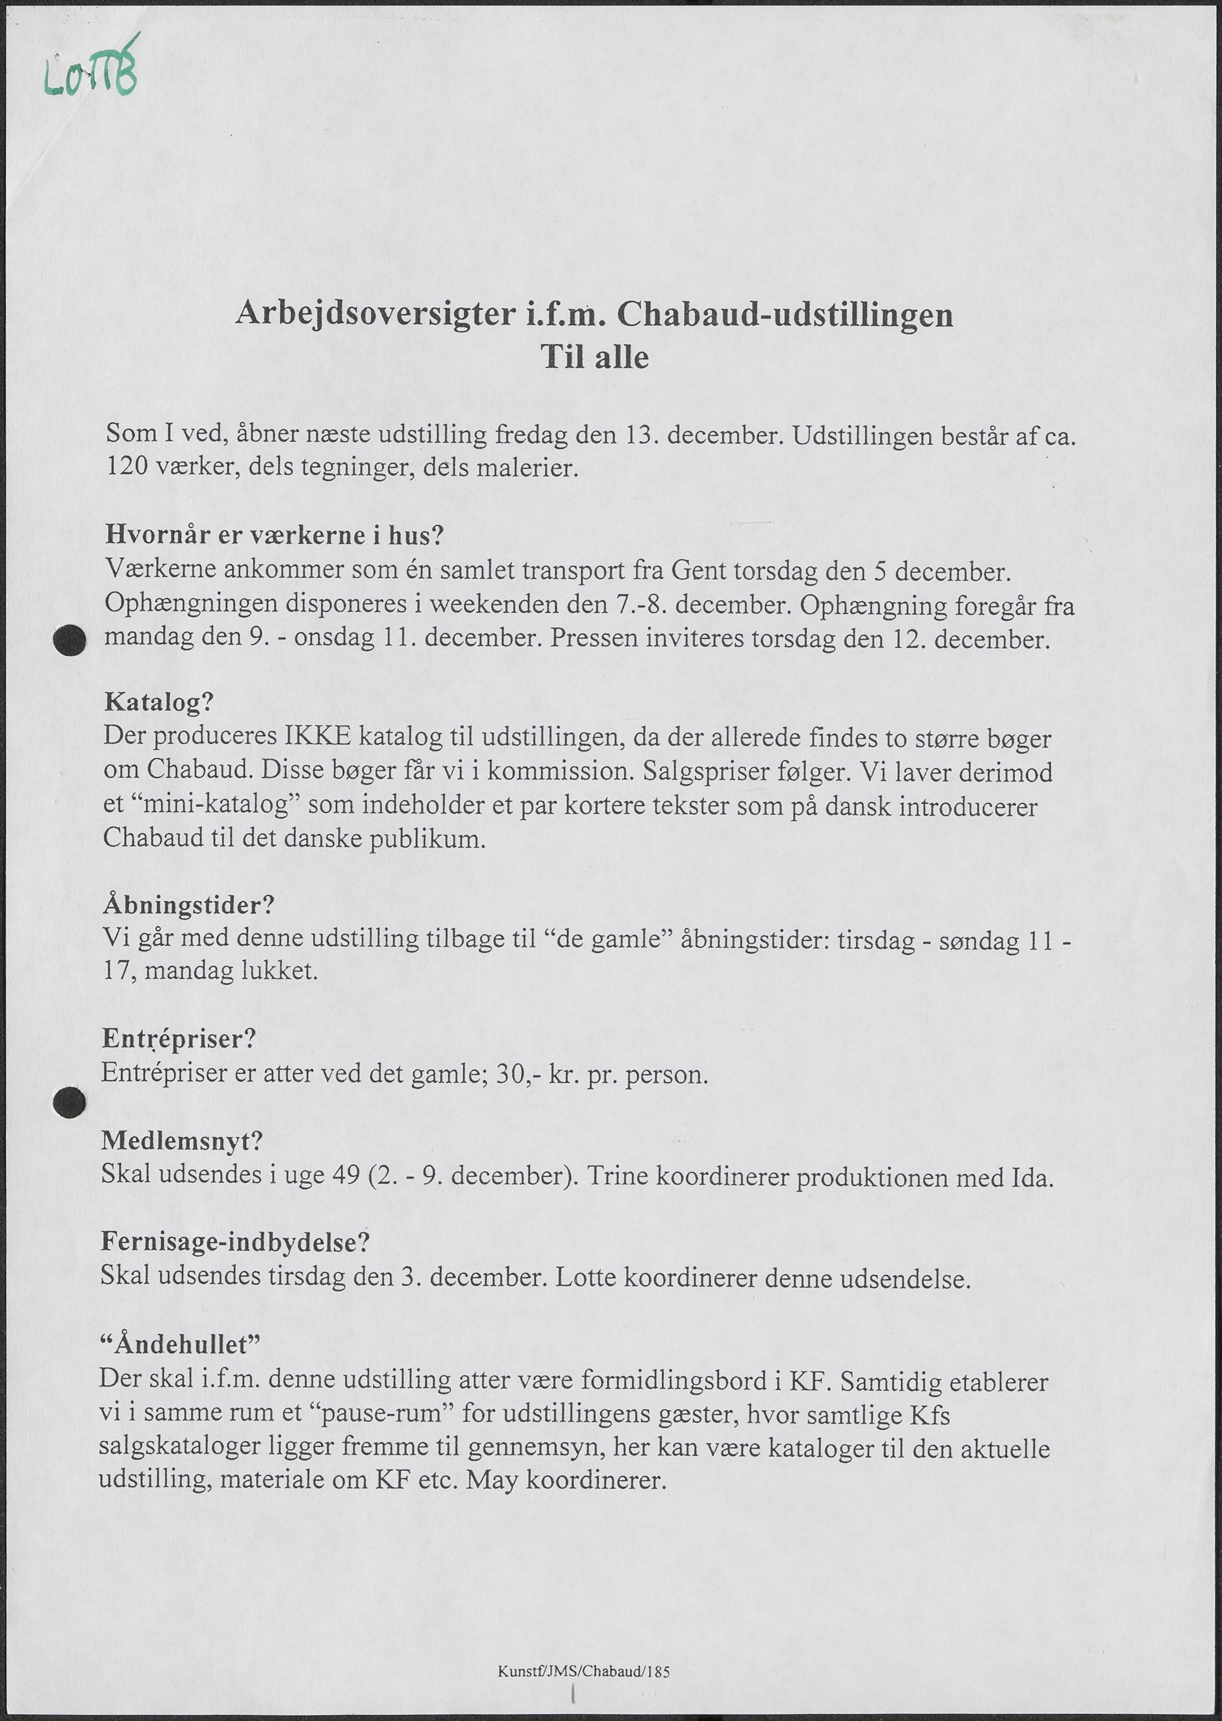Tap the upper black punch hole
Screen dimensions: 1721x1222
pyautogui.click(x=70, y=641)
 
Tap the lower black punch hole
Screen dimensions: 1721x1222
pyautogui.click(x=69, y=1103)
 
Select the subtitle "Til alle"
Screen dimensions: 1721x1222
pyautogui.click(x=594, y=357)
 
